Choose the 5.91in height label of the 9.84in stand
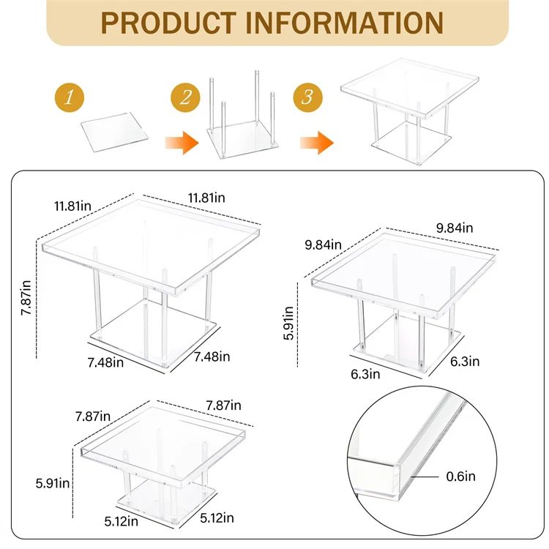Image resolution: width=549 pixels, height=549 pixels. pyautogui.click(x=291, y=323)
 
